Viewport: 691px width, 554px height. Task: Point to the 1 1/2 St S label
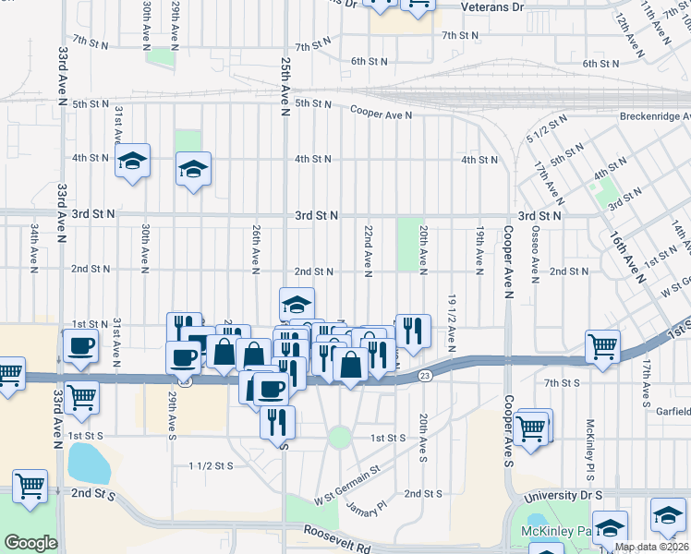tap(211, 466)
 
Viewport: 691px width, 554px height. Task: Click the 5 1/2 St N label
tap(546, 132)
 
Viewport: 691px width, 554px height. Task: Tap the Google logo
tap(30, 543)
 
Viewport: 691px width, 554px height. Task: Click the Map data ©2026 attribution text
tap(651, 547)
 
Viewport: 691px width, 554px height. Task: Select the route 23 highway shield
tap(424, 375)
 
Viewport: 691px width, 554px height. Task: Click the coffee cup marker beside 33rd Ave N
tap(80, 347)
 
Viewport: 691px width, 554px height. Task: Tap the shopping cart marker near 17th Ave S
tap(602, 348)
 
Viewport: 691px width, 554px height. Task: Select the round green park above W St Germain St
tap(340, 437)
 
